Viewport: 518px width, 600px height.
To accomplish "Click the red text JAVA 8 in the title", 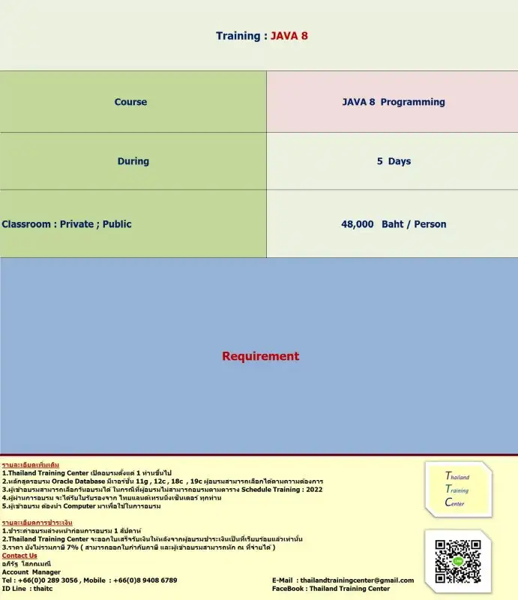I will coord(289,36).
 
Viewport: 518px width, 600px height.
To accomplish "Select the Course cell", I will coord(130,102).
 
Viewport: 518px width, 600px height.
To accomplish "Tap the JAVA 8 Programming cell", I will coord(394,102).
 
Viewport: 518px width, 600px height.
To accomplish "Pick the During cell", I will coord(133,161).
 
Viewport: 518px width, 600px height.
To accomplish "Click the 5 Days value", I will coord(394,161).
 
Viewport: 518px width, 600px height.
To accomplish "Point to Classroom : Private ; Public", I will coord(67,224).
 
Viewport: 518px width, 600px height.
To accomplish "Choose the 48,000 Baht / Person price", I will coord(394,224).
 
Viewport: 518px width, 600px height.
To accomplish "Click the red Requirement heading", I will coord(260,356).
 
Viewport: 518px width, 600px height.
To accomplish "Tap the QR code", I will coord(458,561).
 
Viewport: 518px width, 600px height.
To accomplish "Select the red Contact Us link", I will coord(19,556).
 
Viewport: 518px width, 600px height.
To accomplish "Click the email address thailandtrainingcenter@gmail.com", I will coord(357,580).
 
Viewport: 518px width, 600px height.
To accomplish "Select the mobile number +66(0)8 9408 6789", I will coord(147,580).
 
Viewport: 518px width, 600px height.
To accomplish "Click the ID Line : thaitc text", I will coord(27,589).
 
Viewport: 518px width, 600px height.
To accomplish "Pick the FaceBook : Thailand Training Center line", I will coord(331,589).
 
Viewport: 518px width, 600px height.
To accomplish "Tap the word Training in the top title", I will coord(238,36).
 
